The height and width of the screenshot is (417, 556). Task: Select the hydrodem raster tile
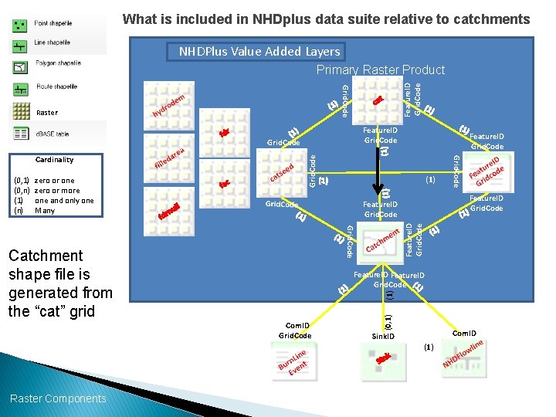point(169,107)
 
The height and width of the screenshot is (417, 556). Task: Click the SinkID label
point(383,337)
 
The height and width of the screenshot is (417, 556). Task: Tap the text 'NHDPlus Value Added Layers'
point(259,52)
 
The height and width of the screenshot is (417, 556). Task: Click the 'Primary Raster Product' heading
point(381,70)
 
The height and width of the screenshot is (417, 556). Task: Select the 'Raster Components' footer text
point(58,398)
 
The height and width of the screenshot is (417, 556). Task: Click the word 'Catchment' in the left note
point(46,256)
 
